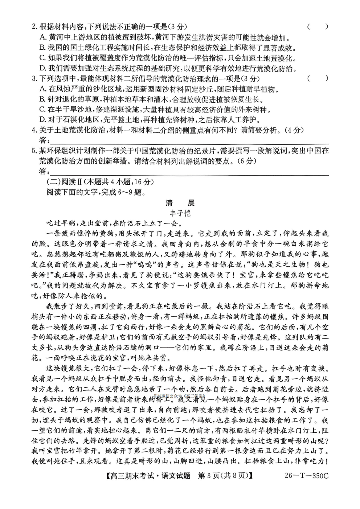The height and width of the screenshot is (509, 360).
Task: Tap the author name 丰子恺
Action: pyautogui.click(x=180, y=213)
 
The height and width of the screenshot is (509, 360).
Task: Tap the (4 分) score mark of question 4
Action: pyautogui.click(x=294, y=130)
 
